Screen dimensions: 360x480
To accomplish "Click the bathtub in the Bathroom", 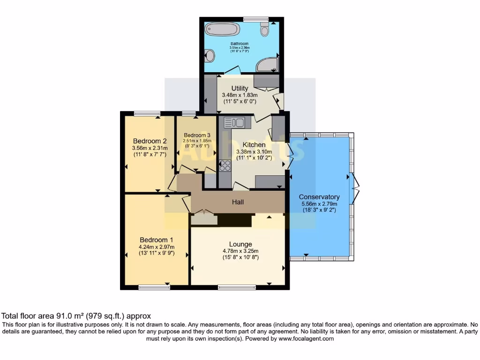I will tap(222, 29).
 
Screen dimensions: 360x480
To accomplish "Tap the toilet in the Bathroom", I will tap(265, 30).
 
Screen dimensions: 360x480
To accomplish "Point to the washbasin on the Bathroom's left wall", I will tap(210, 56).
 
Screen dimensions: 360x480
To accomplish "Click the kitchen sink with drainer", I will tap(234, 123).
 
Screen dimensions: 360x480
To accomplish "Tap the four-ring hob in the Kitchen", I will tap(225, 165).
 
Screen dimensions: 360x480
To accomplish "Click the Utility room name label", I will tap(240, 88).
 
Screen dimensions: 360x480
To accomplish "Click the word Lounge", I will tap(240, 244).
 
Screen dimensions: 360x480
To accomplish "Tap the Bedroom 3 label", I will tap(197, 135).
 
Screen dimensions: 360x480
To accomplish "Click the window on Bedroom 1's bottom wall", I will tap(154, 287).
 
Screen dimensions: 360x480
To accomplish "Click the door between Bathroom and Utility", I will tap(232, 72).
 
